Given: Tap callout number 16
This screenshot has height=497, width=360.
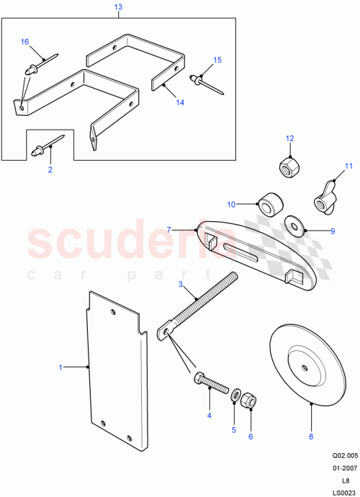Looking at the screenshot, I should tap(25, 42).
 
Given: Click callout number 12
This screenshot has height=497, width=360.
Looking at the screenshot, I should tap(290, 138).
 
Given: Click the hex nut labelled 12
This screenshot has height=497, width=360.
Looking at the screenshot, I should tap(289, 165).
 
